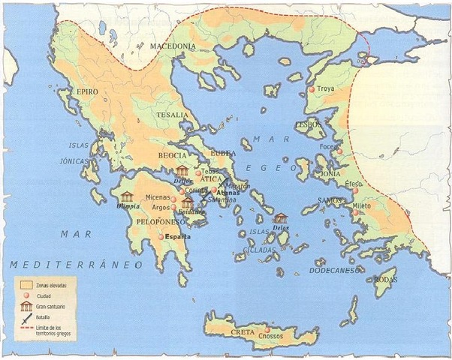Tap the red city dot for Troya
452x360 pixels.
[311, 90]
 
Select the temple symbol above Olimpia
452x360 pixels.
[128, 197]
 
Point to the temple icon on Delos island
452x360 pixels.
[280, 217]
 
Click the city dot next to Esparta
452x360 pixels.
[160, 237]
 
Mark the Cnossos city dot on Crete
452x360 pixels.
[267, 331]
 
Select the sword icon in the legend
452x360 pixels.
[28, 317]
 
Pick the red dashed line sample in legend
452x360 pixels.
[28, 330]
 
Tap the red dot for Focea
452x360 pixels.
[339, 151]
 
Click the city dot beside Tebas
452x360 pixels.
[198, 173]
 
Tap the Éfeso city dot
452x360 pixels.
[355, 190]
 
